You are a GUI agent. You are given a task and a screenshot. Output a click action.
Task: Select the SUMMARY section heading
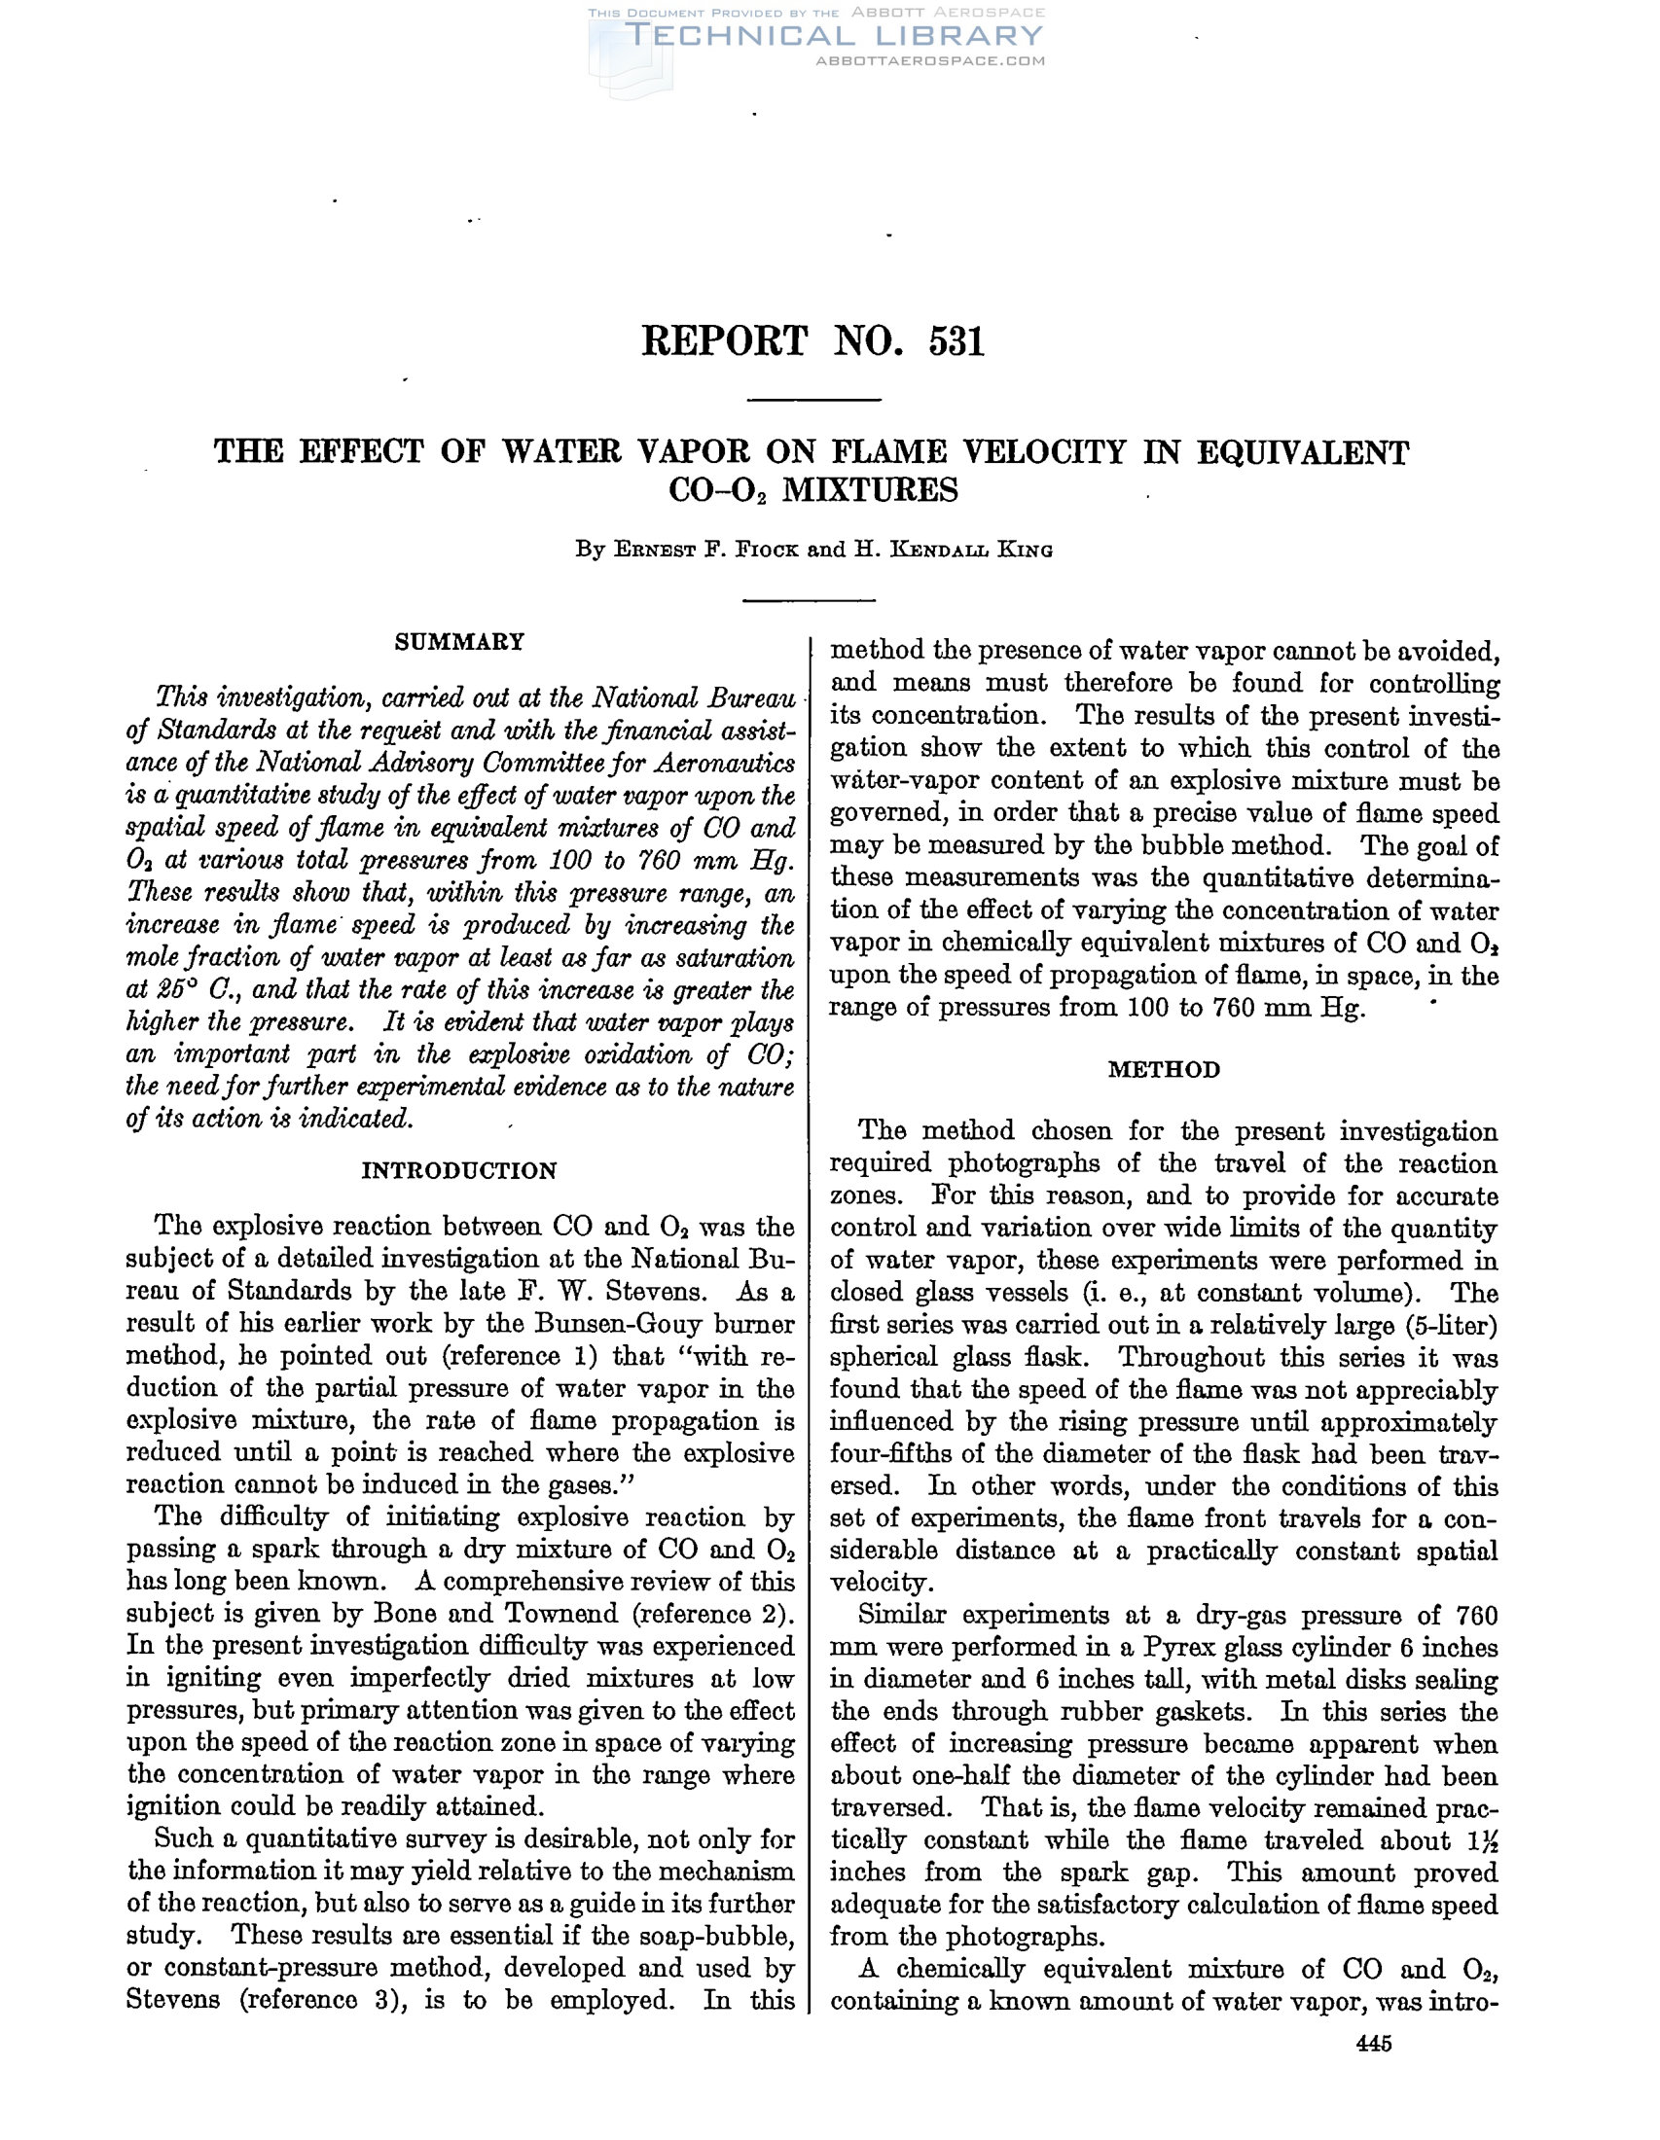tap(459, 642)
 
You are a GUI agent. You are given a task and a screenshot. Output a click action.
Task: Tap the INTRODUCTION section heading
tap(459, 1171)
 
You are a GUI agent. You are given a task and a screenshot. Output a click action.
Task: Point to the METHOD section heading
tap(1164, 1069)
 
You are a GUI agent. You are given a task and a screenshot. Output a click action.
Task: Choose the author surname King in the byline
tap(1025, 550)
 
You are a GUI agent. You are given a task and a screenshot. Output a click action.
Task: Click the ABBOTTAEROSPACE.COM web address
tap(930, 60)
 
